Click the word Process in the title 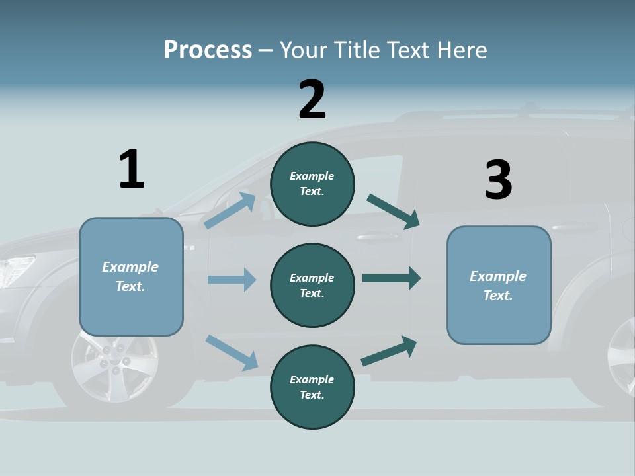coord(208,50)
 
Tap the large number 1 coord(132,169)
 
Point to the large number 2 coord(312,100)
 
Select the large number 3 coord(498,180)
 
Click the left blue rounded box coord(131,276)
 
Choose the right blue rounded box coord(499,286)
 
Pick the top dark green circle coord(312,184)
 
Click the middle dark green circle coord(312,285)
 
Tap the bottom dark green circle coord(312,387)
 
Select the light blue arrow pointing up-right coord(230,210)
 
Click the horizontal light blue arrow coord(232,280)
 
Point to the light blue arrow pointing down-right coord(232,352)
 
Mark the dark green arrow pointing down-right coord(394,212)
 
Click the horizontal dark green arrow coord(392,278)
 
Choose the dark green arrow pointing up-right coord(390,350)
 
